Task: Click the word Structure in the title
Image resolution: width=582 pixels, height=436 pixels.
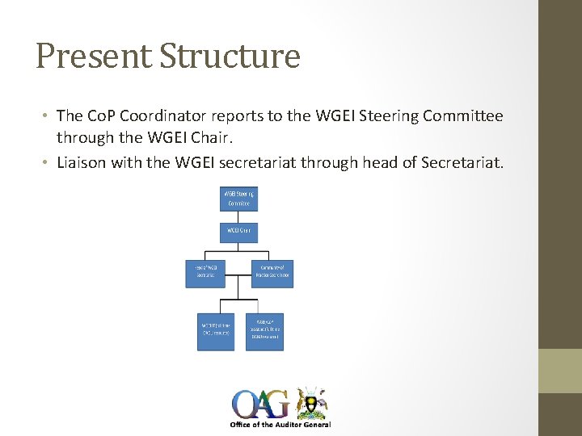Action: [230, 57]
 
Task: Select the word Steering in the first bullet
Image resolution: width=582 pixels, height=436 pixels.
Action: [366, 116]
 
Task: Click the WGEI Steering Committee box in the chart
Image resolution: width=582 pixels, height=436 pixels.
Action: [238, 199]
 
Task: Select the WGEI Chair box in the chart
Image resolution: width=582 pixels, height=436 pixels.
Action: [238, 232]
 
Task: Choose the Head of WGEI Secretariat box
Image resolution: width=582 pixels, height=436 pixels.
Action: [205, 274]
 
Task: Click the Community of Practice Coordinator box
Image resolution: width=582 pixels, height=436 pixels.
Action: [272, 274]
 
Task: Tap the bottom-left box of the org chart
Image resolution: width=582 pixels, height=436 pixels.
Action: [216, 331]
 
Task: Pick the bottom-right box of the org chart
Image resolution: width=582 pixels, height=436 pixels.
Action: [264, 331]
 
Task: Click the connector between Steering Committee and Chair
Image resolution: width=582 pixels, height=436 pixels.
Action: [238, 216]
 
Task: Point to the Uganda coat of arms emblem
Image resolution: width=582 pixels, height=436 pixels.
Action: [311, 400]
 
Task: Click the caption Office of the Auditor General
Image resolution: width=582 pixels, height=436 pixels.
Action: [280, 425]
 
